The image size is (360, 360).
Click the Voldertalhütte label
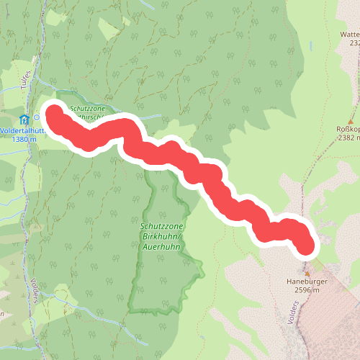19,130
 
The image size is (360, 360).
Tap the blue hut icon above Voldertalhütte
24,119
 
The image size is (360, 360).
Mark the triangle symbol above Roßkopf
352,122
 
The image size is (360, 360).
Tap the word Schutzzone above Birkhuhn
158,225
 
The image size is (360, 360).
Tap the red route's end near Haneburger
307,246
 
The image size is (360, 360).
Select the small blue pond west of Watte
313,45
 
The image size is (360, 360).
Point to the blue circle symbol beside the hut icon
37,118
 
